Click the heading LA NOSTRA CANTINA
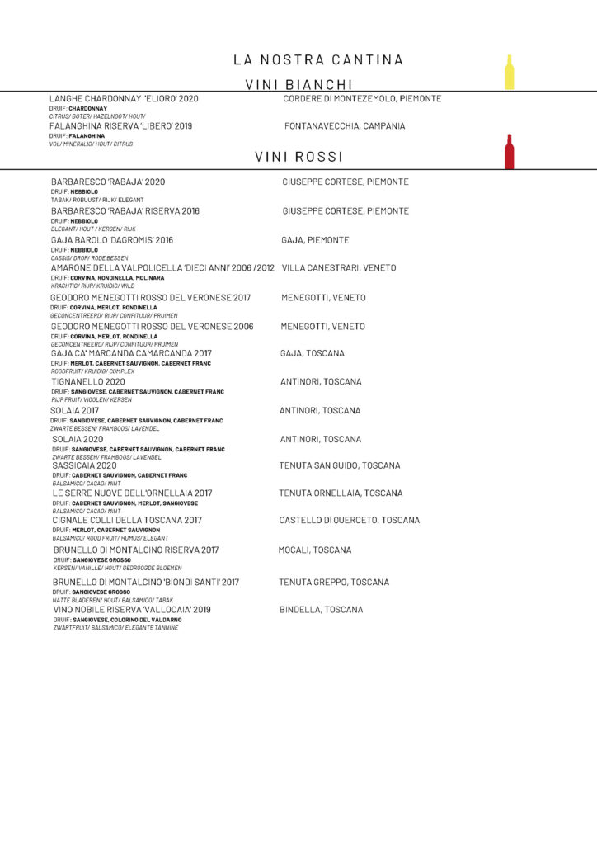pos(318,59)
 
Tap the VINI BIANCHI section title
pos(299,84)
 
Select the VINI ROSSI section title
pos(298,156)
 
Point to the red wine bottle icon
pos(510,151)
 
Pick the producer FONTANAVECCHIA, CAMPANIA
pos(345,126)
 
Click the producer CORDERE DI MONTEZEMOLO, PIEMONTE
pos(362,99)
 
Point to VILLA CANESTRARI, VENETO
pos(339,268)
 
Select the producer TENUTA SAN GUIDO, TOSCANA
pos(341,466)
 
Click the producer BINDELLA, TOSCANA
pos(321,610)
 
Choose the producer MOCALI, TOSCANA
pos(314,550)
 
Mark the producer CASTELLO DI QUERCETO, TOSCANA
pos(350,521)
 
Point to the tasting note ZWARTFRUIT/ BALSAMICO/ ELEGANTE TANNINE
pos(115,627)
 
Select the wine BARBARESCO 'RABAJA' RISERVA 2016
pos(125,211)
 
